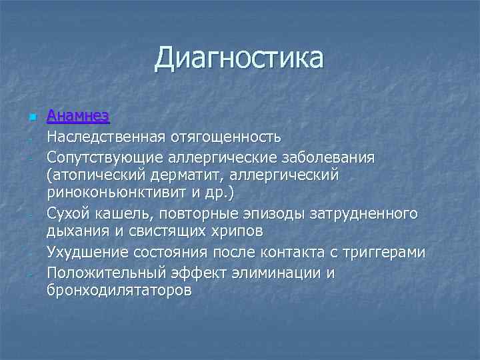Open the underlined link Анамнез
78,116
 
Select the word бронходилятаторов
119,291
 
